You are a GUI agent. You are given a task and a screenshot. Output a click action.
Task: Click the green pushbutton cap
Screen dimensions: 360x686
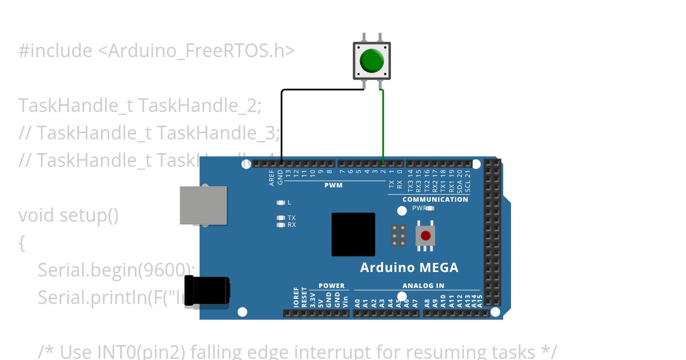click(x=372, y=60)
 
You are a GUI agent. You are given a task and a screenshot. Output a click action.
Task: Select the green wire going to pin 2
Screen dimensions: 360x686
click(x=382, y=126)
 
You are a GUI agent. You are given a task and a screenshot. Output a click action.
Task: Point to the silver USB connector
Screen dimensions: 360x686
click(x=203, y=205)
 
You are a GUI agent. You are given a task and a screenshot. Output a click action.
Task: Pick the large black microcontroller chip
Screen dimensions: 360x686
click(x=353, y=234)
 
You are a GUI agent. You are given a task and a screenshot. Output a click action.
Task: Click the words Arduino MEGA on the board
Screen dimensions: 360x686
click(x=409, y=267)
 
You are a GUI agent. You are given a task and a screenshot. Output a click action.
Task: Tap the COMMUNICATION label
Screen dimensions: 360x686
click(x=435, y=199)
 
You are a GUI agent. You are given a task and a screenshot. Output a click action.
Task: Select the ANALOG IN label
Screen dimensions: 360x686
click(x=423, y=286)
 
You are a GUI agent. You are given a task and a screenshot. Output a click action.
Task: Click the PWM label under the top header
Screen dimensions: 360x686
click(x=333, y=185)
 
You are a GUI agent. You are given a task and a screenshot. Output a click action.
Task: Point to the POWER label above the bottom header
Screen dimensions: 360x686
click(x=332, y=286)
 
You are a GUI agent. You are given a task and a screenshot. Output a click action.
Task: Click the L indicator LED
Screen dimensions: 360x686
click(x=280, y=202)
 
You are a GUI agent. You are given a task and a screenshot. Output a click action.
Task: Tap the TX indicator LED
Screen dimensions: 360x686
click(x=280, y=218)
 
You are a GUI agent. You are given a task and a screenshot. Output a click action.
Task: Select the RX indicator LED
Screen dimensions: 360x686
click(x=280, y=225)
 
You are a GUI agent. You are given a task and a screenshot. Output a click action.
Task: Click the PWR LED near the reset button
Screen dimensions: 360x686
click(x=430, y=208)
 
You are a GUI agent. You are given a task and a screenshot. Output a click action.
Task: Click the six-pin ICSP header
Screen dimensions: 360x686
click(x=399, y=235)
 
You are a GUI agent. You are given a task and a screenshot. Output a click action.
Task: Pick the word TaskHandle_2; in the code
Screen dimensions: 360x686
click(x=200, y=106)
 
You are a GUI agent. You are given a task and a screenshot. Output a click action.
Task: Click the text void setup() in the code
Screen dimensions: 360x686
click(x=69, y=215)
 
